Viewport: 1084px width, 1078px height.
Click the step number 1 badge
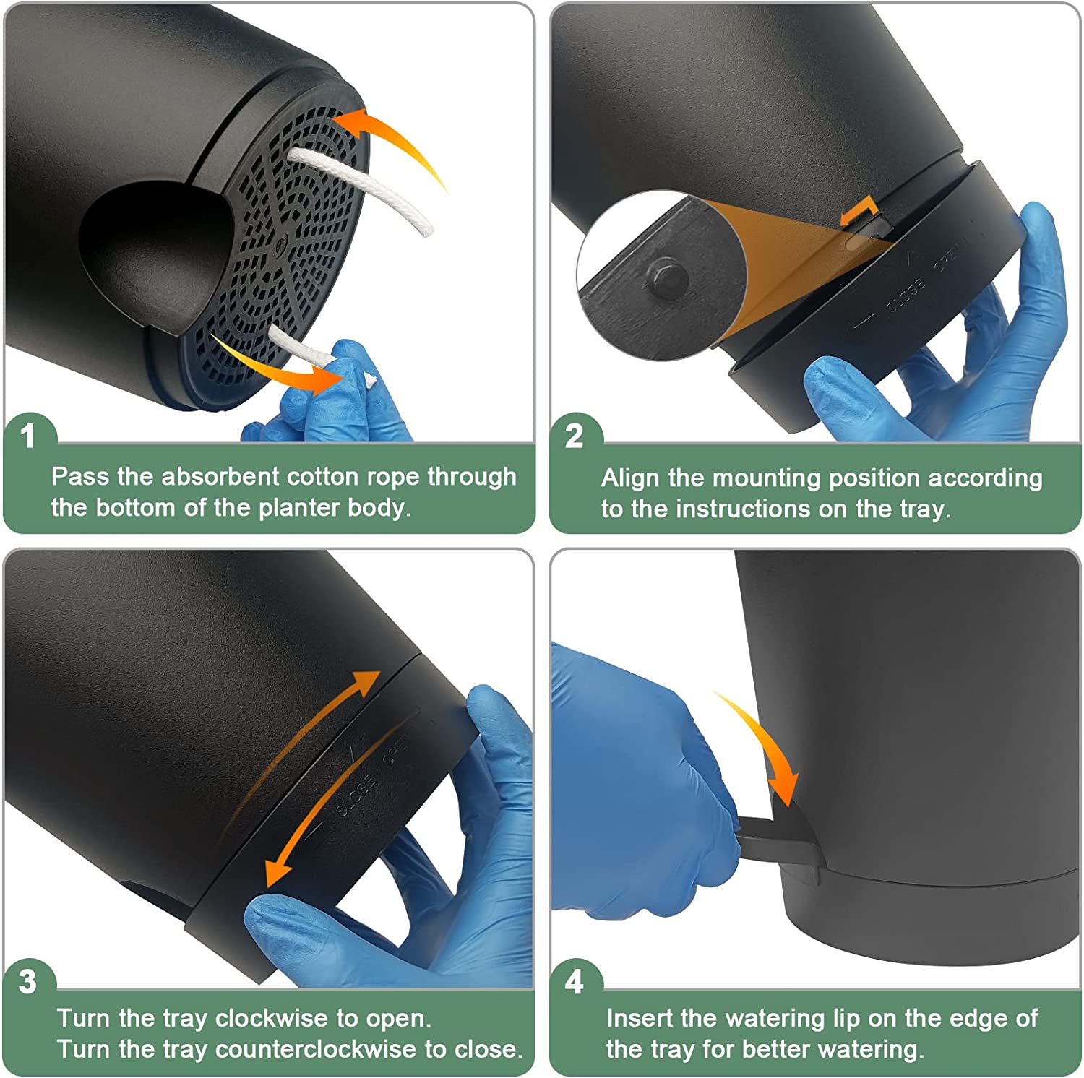point(27,436)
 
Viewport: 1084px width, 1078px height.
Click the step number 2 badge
point(574,436)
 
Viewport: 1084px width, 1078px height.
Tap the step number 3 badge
point(27,982)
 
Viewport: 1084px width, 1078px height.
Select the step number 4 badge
point(574,982)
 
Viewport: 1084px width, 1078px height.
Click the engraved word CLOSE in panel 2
point(906,296)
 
